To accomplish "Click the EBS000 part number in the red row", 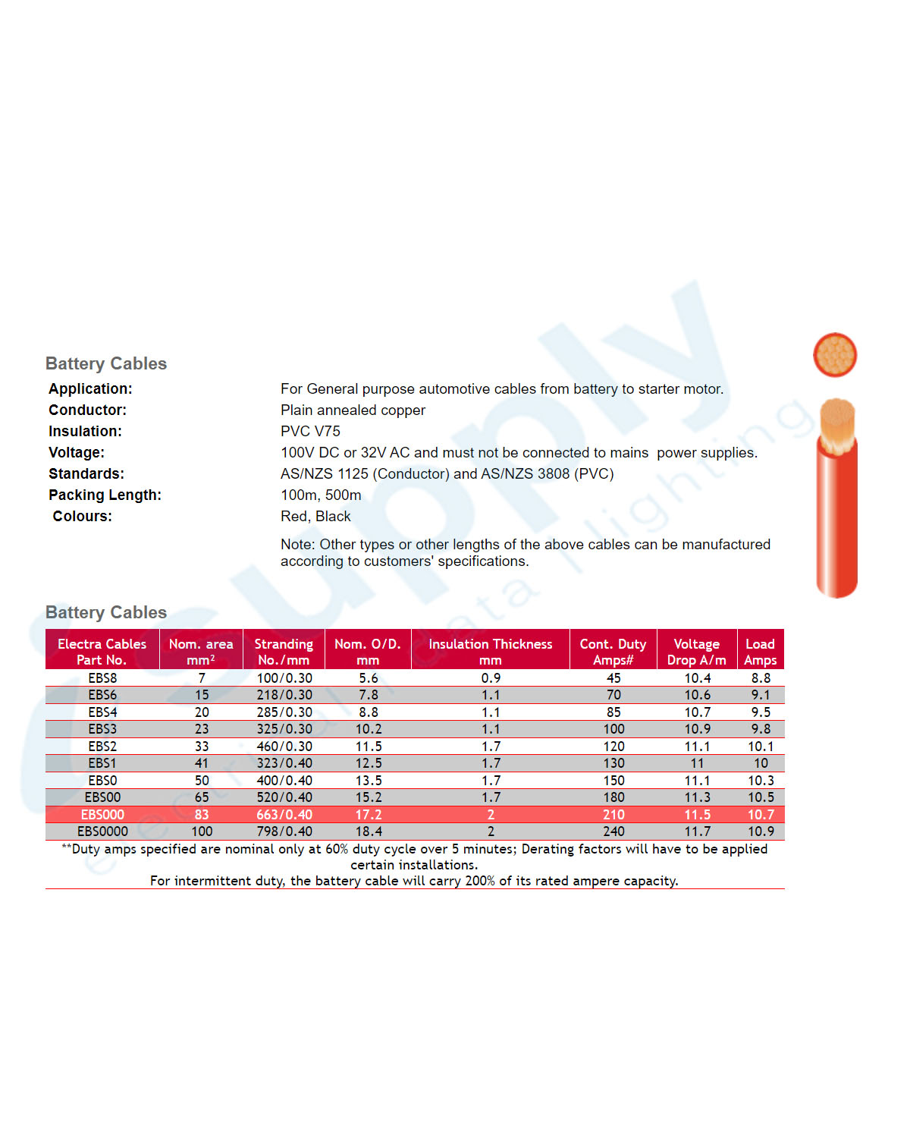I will pyautogui.click(x=102, y=815).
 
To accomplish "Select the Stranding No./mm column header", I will pyautogui.click(x=284, y=651).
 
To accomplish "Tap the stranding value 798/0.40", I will pyautogui.click(x=284, y=831).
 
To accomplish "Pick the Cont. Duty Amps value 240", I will pyautogui.click(x=613, y=831).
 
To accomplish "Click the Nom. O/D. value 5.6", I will pyautogui.click(x=369, y=678).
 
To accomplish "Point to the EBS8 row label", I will pyautogui.click(x=102, y=678).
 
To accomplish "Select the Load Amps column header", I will pyautogui.click(x=760, y=651).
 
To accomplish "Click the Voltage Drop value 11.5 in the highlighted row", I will pyautogui.click(x=697, y=815).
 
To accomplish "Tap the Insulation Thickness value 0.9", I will pyautogui.click(x=491, y=678).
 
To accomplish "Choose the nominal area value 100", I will pyautogui.click(x=202, y=831).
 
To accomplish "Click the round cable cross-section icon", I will pyautogui.click(x=835, y=354).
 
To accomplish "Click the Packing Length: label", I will pyautogui.click(x=105, y=495).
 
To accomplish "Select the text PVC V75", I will pyautogui.click(x=310, y=431).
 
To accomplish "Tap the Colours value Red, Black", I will pyautogui.click(x=315, y=516).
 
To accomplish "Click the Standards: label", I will pyautogui.click(x=86, y=473).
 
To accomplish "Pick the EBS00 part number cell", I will pyautogui.click(x=102, y=797).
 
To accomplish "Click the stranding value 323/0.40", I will pyautogui.click(x=284, y=763).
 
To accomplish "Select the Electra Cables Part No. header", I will pyautogui.click(x=102, y=651).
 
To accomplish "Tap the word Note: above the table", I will pyautogui.click(x=298, y=544).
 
